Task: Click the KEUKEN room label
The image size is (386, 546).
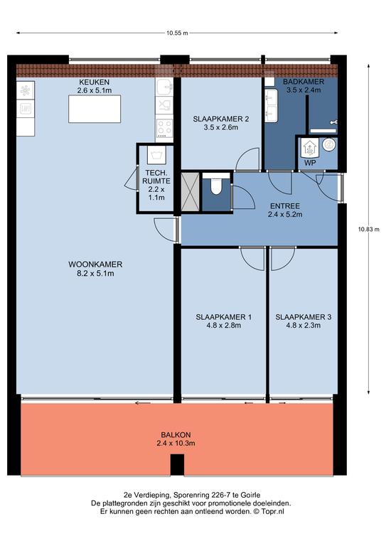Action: pyautogui.click(x=95, y=82)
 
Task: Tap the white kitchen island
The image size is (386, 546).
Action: pyautogui.click(x=95, y=109)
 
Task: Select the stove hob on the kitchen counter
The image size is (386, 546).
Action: pyautogui.click(x=164, y=128)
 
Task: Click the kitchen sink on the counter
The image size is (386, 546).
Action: pyautogui.click(x=164, y=87)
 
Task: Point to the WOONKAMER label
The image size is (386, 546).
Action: pyautogui.click(x=95, y=264)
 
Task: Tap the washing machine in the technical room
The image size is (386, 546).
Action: pyautogui.click(x=156, y=155)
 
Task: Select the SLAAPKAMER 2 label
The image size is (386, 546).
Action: pyautogui.click(x=221, y=119)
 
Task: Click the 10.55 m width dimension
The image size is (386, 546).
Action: pyautogui.click(x=177, y=33)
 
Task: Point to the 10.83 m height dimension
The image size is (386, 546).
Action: pyautogui.click(x=369, y=230)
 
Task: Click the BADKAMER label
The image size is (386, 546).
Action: pyautogui.click(x=304, y=82)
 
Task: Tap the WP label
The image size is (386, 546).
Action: pyautogui.click(x=310, y=163)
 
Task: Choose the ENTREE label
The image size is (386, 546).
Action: pyautogui.click(x=285, y=206)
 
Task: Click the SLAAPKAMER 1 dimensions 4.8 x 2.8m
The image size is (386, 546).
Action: pyautogui.click(x=223, y=326)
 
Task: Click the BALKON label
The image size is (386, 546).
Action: pyautogui.click(x=176, y=435)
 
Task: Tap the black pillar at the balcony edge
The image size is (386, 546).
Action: pyautogui.click(x=177, y=465)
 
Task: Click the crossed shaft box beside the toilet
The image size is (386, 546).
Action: pyautogui.click(x=191, y=191)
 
